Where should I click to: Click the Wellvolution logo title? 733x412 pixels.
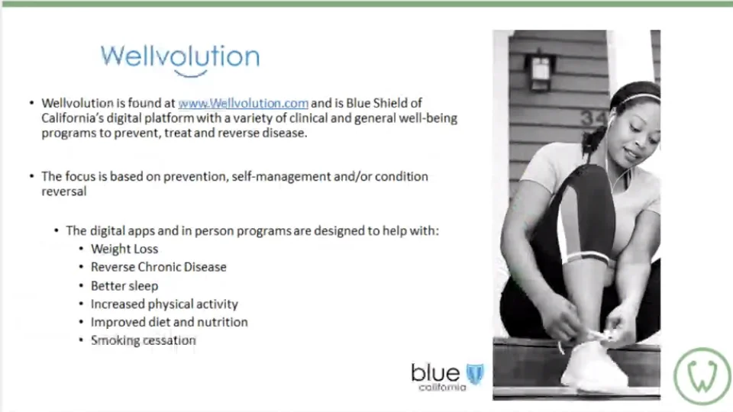tap(179, 56)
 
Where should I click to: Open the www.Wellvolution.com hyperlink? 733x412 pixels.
tap(243, 103)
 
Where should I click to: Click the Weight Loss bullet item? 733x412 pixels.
tap(124, 249)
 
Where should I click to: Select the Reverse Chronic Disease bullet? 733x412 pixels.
tap(158, 267)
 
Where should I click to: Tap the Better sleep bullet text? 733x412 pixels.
tap(124, 285)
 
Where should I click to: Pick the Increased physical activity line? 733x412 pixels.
tap(164, 304)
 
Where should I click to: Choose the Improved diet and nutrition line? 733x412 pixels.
tap(169, 322)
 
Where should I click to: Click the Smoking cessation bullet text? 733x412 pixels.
tap(143, 340)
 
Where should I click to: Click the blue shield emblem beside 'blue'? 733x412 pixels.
tap(475, 374)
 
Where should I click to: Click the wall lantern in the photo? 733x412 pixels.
tap(540, 71)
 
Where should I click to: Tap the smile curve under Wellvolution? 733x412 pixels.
tap(190, 74)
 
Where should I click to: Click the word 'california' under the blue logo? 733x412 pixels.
tap(441, 388)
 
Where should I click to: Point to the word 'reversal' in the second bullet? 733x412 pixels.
tap(63, 192)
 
